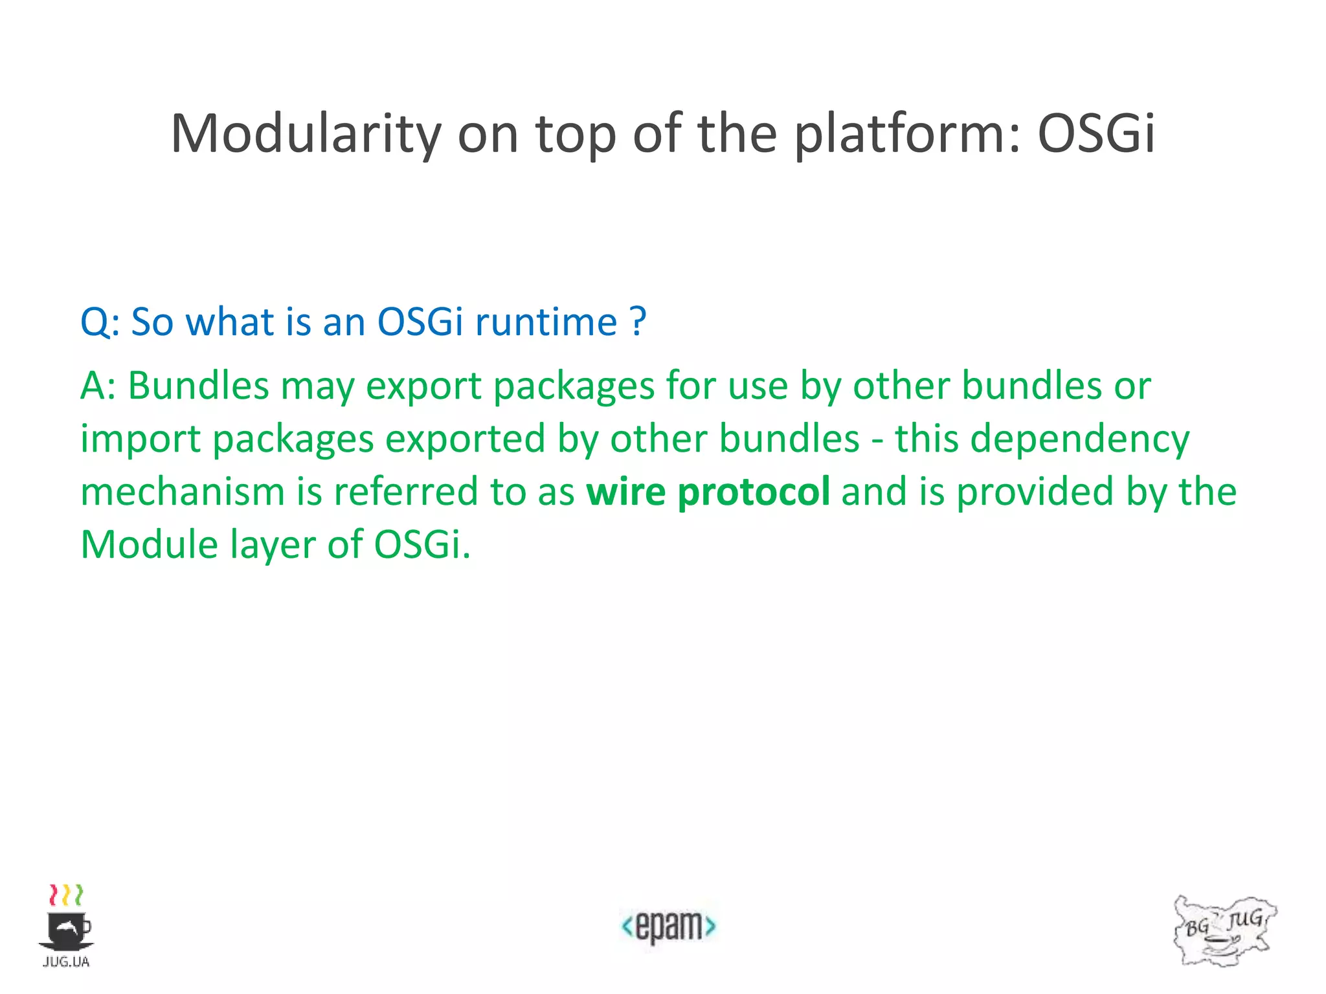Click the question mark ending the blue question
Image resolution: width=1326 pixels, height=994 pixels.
coord(638,322)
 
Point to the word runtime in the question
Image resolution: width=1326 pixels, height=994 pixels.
coord(546,322)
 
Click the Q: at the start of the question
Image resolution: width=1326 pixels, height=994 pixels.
coord(100,322)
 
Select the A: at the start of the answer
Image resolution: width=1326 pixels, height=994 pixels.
coord(98,386)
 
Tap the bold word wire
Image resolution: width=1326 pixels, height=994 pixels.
coord(625,491)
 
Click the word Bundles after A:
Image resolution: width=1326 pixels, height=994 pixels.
coord(198,386)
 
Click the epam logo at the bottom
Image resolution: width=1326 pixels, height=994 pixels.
coord(668,927)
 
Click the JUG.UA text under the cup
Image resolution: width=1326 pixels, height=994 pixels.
coord(66,962)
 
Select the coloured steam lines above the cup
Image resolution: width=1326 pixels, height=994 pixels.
coord(66,895)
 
